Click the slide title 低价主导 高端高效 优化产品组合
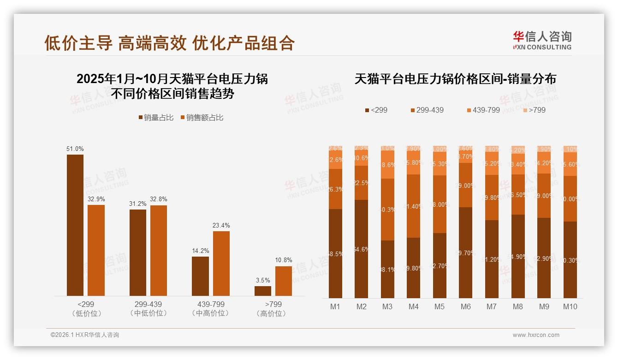169,43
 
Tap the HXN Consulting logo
542,41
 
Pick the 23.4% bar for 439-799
221,264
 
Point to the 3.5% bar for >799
263,291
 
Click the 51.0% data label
75,149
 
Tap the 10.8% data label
284,260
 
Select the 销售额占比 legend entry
202,118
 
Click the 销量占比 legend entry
156,118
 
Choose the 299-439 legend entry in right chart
427,110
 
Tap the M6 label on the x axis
465,306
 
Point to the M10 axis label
570,306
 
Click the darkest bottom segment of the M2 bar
362,249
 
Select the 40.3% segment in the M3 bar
387,210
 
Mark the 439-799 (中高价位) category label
211,309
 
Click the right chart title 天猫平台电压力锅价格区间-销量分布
455,79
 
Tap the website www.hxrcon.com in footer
536,335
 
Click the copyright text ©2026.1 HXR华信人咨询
85,335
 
